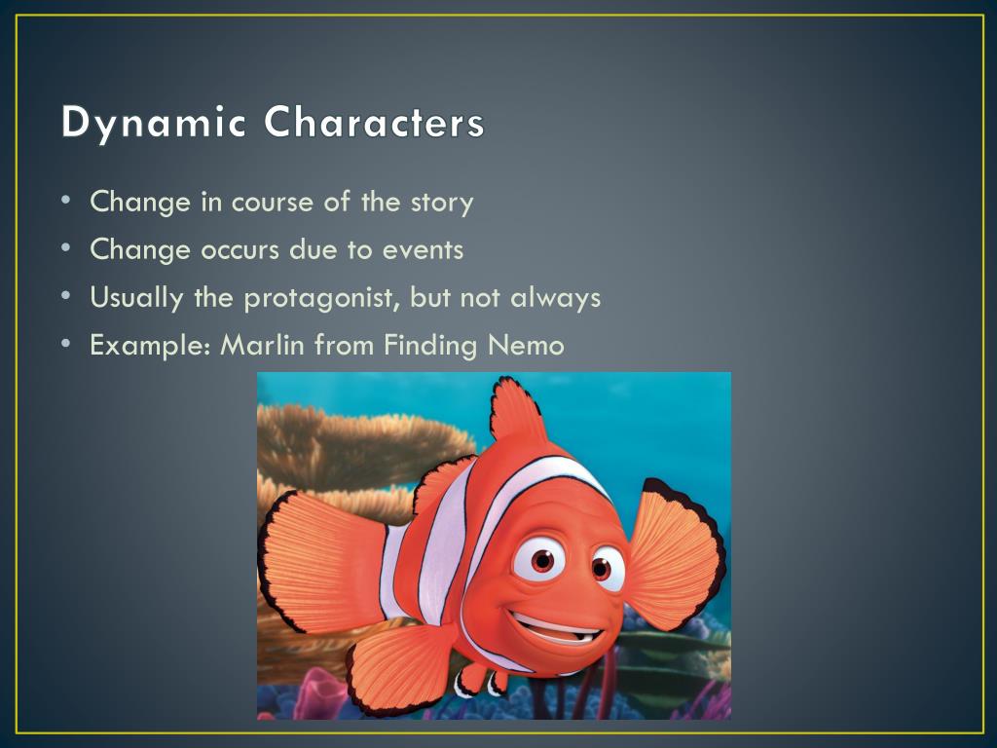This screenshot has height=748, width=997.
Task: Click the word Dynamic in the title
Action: [x=153, y=123]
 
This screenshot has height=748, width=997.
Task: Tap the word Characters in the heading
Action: [x=374, y=122]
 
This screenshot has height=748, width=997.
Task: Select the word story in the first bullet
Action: [x=442, y=203]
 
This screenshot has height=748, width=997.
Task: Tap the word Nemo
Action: [x=526, y=346]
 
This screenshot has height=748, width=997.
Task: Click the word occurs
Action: [x=240, y=250]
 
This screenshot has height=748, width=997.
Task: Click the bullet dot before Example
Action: [x=67, y=344]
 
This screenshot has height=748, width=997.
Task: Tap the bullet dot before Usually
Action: [x=67, y=296]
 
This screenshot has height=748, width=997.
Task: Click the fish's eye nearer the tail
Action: [x=540, y=560]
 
